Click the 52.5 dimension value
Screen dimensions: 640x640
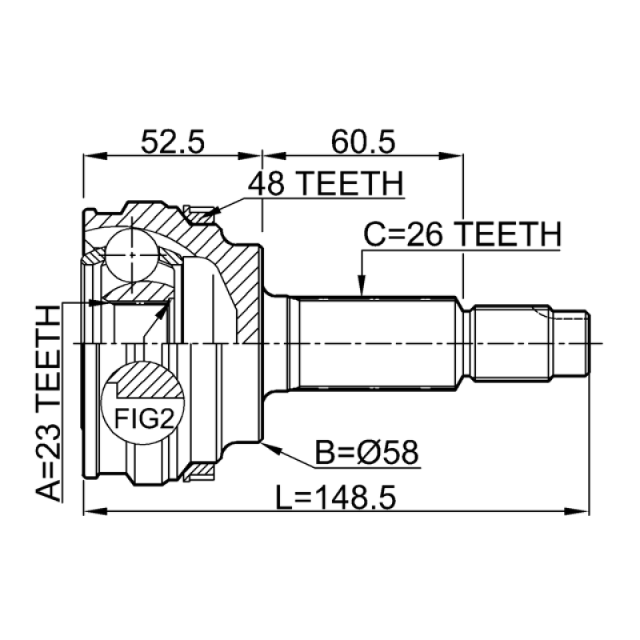[x=172, y=142]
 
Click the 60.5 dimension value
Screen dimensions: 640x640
[x=363, y=142]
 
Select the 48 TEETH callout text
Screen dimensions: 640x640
[x=326, y=184]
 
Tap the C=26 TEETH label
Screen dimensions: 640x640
[x=462, y=234]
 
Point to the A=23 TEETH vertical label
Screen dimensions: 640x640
[x=48, y=403]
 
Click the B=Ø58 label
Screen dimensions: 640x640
[x=366, y=452]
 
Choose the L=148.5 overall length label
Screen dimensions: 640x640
[x=336, y=498]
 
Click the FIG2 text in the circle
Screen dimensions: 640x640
[x=144, y=418]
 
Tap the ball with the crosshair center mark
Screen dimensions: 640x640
[x=132, y=255]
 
